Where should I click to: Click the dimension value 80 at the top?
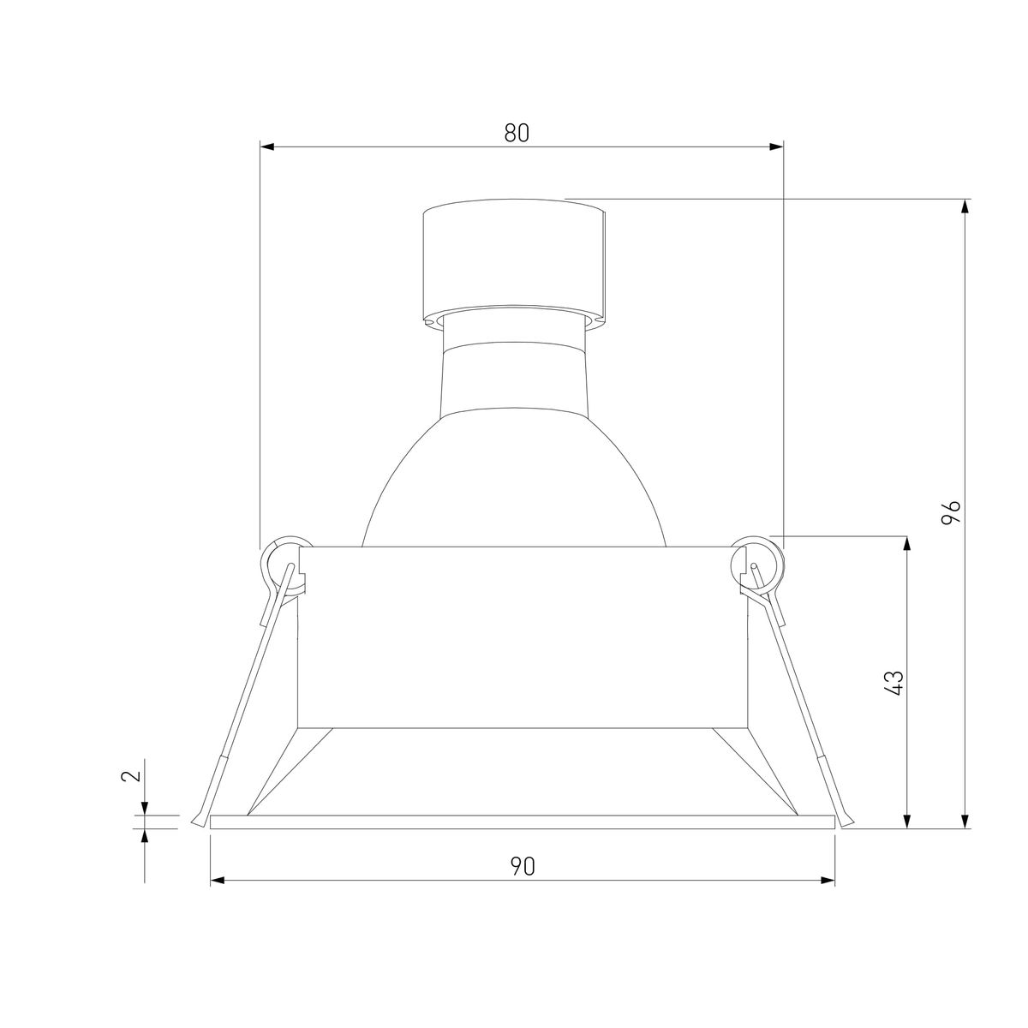click(x=517, y=133)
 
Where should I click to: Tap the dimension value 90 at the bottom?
click(x=523, y=866)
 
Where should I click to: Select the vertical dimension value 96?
click(x=951, y=512)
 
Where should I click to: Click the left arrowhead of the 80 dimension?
click(x=266, y=147)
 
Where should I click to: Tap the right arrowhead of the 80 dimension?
click(x=776, y=147)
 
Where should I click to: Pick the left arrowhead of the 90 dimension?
click(x=218, y=881)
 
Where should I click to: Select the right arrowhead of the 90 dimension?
click(x=828, y=881)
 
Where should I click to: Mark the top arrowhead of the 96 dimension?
click(x=964, y=206)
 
